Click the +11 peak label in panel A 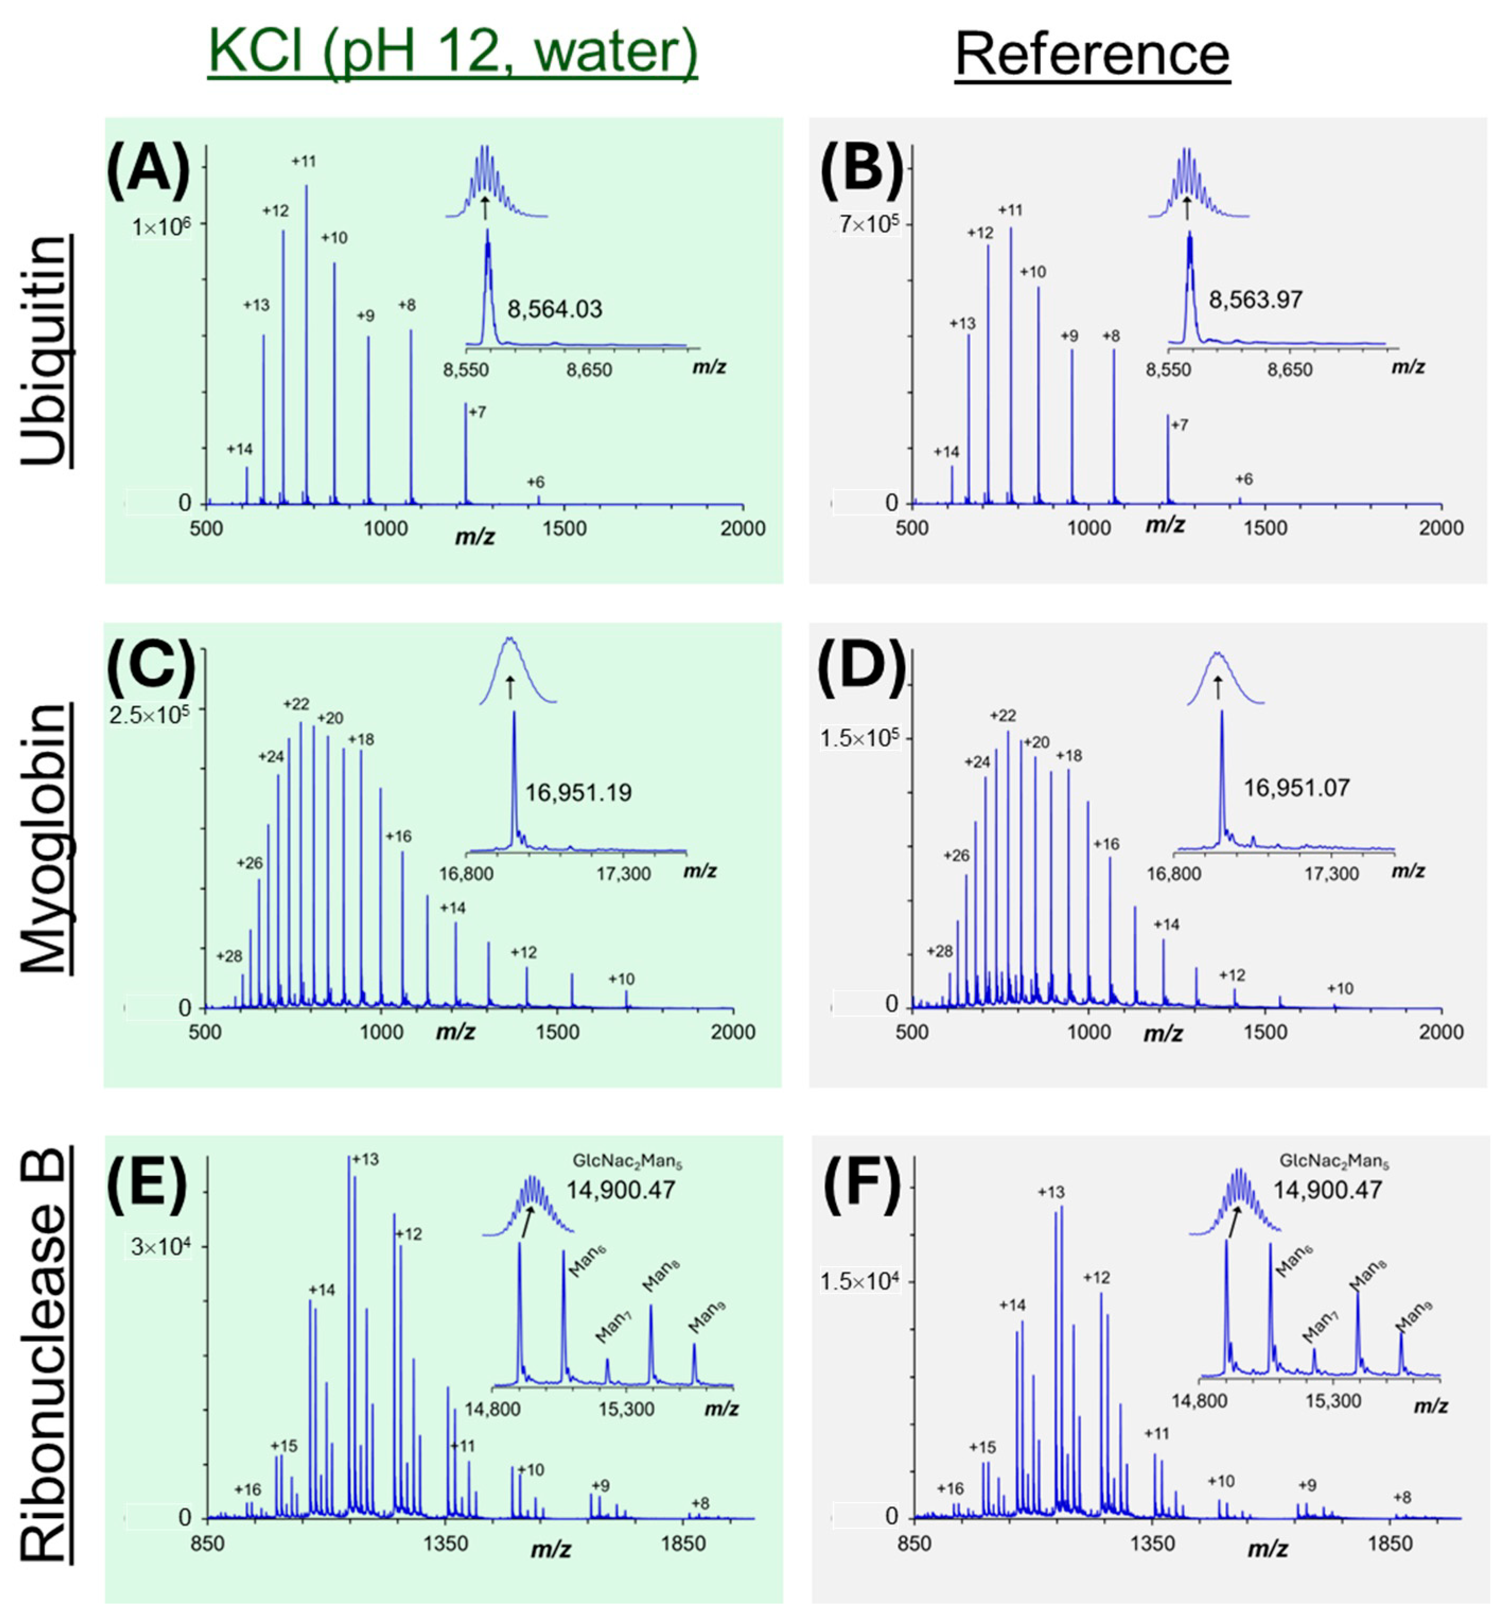[x=304, y=161]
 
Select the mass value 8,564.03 [x=555, y=309]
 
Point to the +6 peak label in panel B [x=1244, y=479]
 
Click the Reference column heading [x=1092, y=55]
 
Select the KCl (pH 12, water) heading [x=453, y=50]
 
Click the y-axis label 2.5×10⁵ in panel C [x=149, y=715]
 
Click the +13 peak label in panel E [x=365, y=1159]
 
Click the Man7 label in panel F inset [x=1320, y=1327]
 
